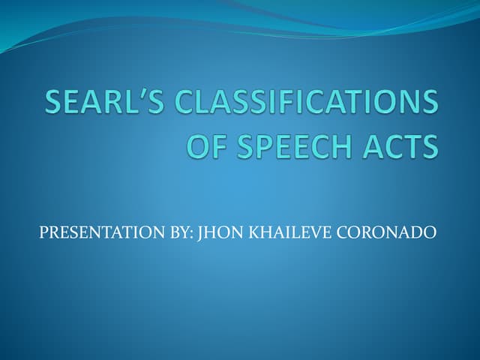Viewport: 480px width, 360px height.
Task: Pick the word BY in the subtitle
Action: pyautogui.click(x=181, y=233)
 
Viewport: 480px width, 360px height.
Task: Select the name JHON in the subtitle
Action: pyautogui.click(x=219, y=233)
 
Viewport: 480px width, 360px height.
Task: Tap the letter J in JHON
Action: pyautogui.click(x=200, y=233)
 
